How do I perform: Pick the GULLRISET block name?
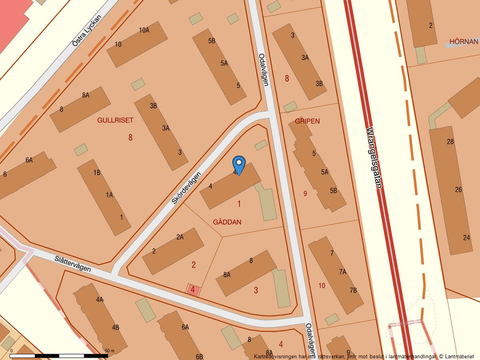pos(115,120)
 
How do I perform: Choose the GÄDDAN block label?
pos(227,222)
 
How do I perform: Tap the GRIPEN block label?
pos(307,121)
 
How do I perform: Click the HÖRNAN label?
pos(464,42)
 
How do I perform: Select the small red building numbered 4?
pos(193,289)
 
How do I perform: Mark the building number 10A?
pos(144,30)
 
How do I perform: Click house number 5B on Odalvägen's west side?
pos(212,41)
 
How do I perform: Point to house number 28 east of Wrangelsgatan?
pos(450,142)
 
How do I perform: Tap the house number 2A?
pos(180,237)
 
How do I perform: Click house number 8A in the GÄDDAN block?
pos(226,275)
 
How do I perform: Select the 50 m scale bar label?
pos(109,351)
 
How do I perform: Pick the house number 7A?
pos(343,271)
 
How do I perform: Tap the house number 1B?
pos(97,172)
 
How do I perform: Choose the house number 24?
pos(467,237)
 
